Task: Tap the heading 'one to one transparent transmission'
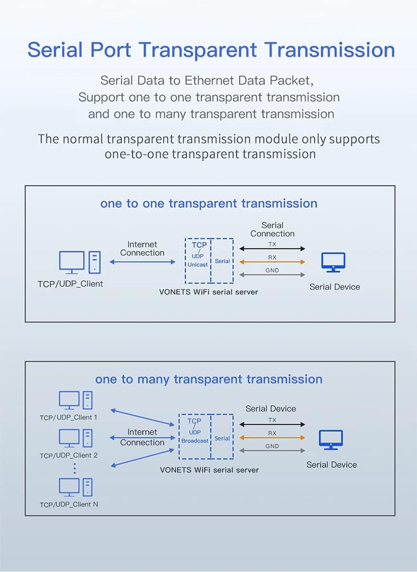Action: click(209, 203)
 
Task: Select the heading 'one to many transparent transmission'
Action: click(209, 379)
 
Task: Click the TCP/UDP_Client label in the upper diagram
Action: click(70, 284)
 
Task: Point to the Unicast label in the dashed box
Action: click(198, 264)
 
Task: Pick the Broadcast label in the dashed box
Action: click(195, 441)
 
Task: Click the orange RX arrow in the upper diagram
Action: click(272, 262)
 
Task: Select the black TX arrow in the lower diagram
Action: click(272, 424)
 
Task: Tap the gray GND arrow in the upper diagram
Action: click(272, 275)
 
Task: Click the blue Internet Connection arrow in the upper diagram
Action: click(143, 262)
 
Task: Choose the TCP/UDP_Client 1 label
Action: click(69, 417)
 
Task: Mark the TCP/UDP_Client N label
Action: click(69, 504)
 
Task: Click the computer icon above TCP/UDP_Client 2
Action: click(76, 438)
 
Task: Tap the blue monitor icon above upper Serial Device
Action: click(334, 262)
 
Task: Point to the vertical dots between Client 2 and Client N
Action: click(75, 469)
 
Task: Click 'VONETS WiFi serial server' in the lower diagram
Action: click(210, 470)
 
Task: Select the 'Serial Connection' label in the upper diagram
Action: click(272, 230)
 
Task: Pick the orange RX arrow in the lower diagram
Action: click(272, 437)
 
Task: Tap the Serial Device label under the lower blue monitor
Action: click(331, 465)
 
